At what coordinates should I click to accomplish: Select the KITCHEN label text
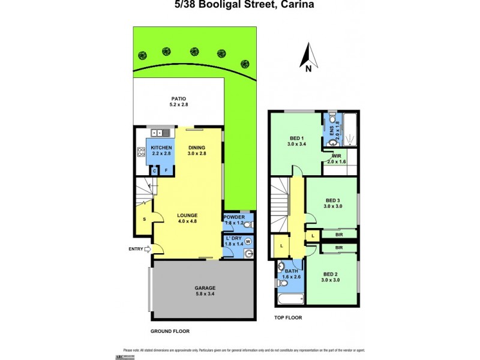click(x=161, y=148)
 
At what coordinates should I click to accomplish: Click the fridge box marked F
click(x=166, y=170)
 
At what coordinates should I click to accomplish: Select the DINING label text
click(x=197, y=148)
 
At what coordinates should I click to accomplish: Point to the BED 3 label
click(x=333, y=200)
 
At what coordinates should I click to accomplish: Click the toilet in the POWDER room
click(x=248, y=224)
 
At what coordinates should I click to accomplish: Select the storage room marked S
click(x=144, y=219)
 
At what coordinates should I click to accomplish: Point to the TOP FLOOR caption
click(x=288, y=317)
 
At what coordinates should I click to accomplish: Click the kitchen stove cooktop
click(x=142, y=152)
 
